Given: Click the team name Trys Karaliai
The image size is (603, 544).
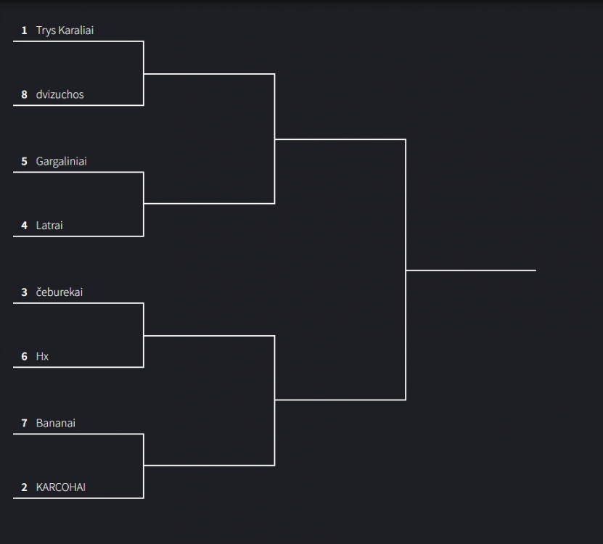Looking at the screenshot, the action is click(65, 30).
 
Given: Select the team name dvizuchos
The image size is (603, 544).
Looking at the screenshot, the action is click(60, 94).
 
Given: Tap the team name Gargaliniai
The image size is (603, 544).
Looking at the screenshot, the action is click(61, 162).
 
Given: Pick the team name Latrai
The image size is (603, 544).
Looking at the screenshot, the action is click(49, 226).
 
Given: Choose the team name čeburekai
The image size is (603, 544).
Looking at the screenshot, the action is click(60, 292).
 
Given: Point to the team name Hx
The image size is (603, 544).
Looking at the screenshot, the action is click(42, 356).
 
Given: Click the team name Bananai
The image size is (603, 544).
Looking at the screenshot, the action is click(55, 424).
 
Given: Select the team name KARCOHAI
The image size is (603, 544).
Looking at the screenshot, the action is click(61, 487).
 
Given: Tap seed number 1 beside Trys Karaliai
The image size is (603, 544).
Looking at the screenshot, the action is click(24, 30).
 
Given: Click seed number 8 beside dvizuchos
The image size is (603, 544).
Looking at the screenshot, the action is click(24, 94).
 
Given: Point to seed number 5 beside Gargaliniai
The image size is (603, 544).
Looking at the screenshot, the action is click(24, 162).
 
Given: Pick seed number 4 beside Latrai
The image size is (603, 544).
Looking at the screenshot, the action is click(24, 226).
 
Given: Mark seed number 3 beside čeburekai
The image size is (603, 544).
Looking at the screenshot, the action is click(24, 292).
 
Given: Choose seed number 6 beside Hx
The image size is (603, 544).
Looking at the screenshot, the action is click(24, 356).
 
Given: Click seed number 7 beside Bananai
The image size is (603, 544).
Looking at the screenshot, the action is click(24, 424).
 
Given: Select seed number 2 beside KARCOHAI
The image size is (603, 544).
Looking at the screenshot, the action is click(24, 487).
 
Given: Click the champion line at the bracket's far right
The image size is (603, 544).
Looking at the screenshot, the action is click(471, 271).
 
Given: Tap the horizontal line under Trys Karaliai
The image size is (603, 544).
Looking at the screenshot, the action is click(78, 41).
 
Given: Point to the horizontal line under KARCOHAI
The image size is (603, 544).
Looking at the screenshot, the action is click(78, 498).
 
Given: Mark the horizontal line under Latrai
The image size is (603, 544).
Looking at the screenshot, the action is click(78, 236).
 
